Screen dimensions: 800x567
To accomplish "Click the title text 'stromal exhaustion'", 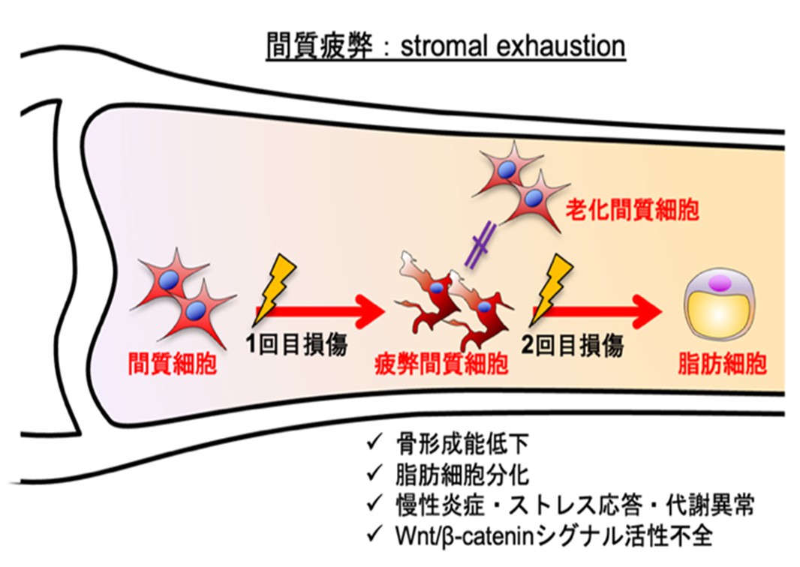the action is click(x=513, y=47).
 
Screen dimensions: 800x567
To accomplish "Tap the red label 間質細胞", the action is click(x=173, y=364).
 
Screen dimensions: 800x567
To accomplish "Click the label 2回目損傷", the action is click(x=573, y=345).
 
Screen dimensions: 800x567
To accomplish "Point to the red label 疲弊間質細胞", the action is click(x=442, y=364).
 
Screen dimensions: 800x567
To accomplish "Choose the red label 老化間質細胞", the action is click(x=632, y=209).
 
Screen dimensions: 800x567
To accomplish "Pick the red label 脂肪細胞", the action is click(x=723, y=364).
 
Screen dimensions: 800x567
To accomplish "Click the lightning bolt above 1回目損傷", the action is click(x=275, y=288).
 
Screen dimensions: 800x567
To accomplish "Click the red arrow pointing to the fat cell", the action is click(x=597, y=310).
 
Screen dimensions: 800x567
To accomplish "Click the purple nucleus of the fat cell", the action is click(x=720, y=283).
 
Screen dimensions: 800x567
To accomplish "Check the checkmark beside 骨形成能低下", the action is click(x=374, y=442).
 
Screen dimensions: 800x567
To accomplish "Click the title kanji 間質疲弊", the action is click(x=320, y=47).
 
